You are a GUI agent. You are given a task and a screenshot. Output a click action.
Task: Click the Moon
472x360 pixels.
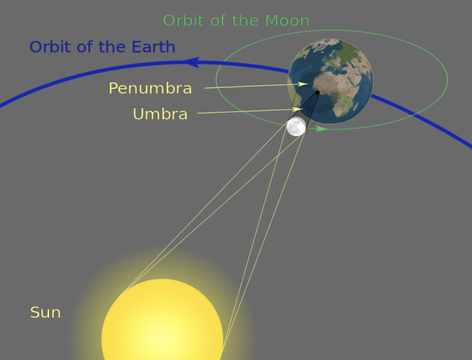[296, 126]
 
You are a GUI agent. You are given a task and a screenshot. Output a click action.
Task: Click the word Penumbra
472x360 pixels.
[150, 88]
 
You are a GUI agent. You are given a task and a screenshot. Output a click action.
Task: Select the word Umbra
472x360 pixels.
[160, 114]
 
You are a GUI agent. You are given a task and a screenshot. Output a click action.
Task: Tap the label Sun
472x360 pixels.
[46, 312]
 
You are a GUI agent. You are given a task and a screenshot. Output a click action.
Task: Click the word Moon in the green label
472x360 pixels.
[287, 21]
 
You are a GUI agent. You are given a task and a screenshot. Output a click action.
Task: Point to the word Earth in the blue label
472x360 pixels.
[154, 47]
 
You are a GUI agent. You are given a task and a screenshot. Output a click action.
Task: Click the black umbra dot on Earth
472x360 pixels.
[317, 93]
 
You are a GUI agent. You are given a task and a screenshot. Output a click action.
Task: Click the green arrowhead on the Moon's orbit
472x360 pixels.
[321, 129]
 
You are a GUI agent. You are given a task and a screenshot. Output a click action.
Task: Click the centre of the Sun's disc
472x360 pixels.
[162, 339]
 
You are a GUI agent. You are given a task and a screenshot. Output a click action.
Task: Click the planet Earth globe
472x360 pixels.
[331, 81]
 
